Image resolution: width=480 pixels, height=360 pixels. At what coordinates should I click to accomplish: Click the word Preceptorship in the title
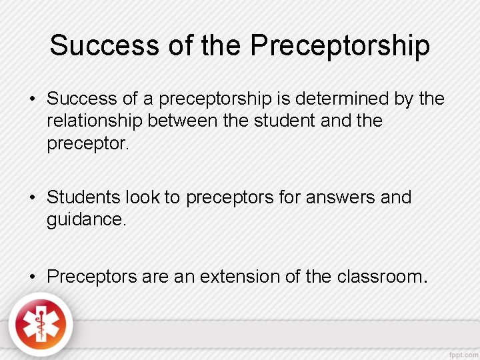(x=340, y=46)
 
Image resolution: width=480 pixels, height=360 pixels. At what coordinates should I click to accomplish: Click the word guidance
(x=86, y=219)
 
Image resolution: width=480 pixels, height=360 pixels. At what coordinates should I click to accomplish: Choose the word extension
(x=237, y=276)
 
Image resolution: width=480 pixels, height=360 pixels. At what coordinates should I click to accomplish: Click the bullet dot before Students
(x=33, y=198)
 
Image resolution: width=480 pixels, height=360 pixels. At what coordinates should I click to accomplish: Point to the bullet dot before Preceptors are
(x=33, y=276)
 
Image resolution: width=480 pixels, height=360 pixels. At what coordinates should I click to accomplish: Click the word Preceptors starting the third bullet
(x=93, y=276)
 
